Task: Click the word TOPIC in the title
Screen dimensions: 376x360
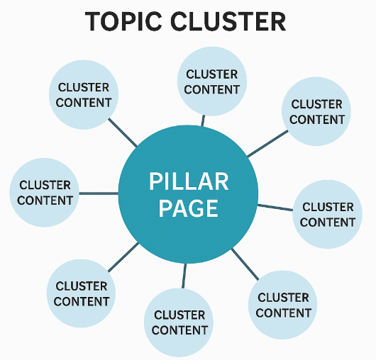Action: pos(123,21)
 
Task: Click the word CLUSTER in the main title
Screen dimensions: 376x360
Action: pos(228,21)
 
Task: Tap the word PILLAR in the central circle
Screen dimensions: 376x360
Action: pos(189,181)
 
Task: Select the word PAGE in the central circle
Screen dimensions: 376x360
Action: pos(189,208)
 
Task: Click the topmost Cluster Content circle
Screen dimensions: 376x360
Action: pos(212,81)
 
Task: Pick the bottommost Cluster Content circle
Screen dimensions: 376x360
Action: pos(179,322)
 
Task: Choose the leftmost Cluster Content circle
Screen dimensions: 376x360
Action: pos(45,193)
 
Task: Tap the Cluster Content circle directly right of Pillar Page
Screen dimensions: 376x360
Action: pos(327,214)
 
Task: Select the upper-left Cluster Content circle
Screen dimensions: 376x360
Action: pos(84,95)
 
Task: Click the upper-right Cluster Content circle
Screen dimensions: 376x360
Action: pos(316,111)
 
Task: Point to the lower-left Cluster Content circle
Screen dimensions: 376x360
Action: pos(82,293)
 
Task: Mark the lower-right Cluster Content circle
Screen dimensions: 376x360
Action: pos(283,305)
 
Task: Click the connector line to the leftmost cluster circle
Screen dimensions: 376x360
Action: pos(99,193)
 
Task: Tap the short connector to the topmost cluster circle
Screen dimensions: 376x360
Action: pos(203,120)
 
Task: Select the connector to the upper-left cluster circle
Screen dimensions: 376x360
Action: pos(123,133)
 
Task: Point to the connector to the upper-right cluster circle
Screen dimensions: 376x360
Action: pos(267,144)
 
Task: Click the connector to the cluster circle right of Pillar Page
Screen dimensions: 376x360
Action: pos(275,208)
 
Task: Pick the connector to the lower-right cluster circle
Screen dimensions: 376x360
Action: pos(245,264)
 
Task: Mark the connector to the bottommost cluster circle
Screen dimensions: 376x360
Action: pos(184,276)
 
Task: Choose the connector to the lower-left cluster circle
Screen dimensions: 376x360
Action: pos(123,257)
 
